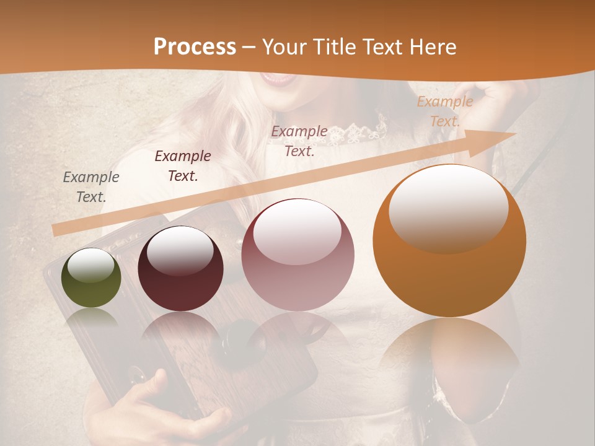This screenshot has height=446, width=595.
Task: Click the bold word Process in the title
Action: [195, 47]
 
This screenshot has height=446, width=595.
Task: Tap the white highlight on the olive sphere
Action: [90, 266]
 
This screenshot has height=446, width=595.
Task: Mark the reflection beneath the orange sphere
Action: [449, 353]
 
